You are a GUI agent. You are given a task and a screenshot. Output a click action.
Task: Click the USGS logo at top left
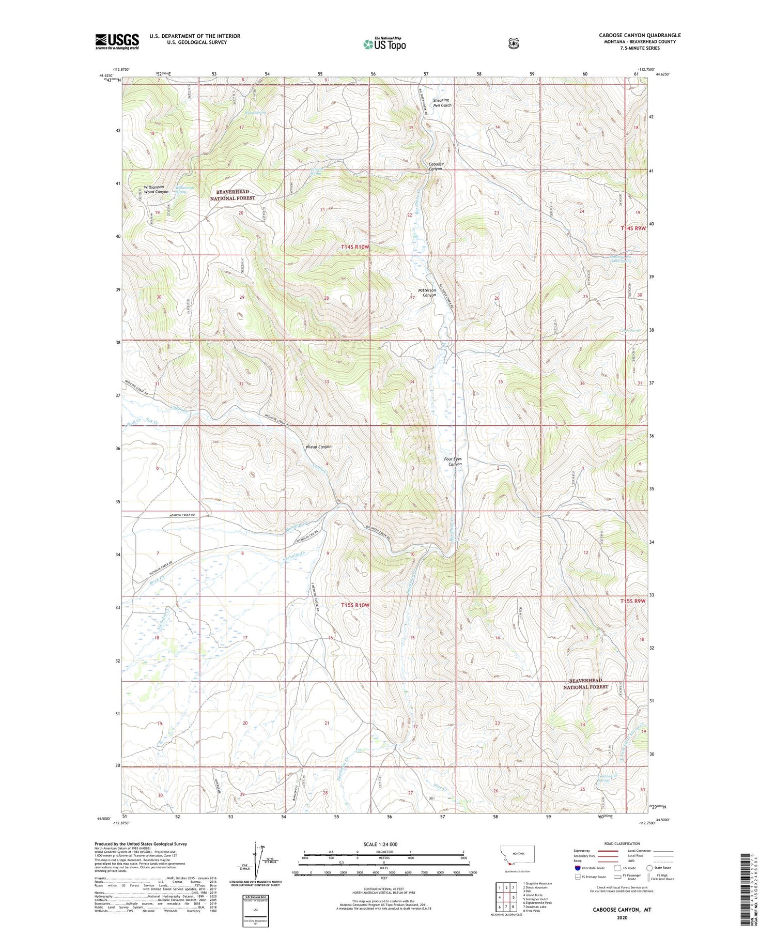click(x=117, y=41)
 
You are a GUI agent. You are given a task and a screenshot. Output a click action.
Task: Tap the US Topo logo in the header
click(x=384, y=44)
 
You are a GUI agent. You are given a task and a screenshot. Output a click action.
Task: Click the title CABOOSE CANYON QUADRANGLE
click(x=640, y=35)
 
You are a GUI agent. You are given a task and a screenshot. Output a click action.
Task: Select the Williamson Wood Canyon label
click(x=156, y=189)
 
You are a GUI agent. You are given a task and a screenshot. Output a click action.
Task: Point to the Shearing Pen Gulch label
click(x=442, y=102)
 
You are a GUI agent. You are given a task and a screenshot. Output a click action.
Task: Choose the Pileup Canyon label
click(x=318, y=447)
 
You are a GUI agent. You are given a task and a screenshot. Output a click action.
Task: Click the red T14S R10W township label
click(x=355, y=247)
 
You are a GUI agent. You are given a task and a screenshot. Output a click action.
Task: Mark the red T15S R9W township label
click(x=633, y=601)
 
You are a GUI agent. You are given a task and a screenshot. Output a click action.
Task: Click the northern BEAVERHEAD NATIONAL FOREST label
click(x=233, y=195)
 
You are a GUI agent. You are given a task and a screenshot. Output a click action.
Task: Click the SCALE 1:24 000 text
click(x=380, y=844)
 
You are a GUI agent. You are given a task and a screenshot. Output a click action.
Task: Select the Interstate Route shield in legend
click(x=577, y=868)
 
